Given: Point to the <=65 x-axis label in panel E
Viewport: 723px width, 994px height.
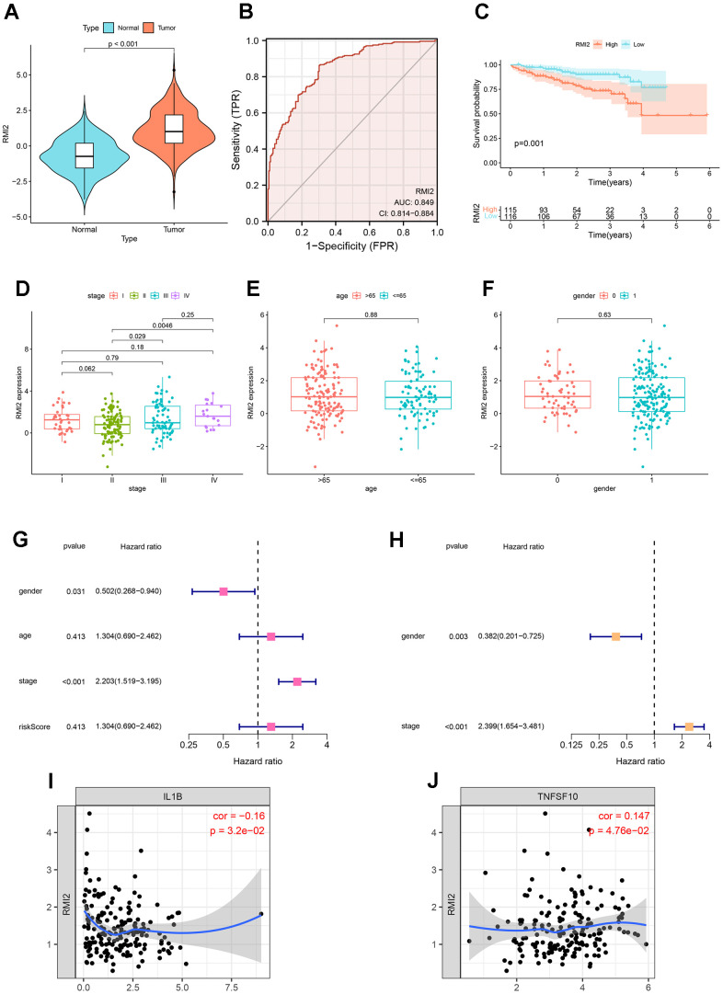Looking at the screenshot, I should tap(419, 465).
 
